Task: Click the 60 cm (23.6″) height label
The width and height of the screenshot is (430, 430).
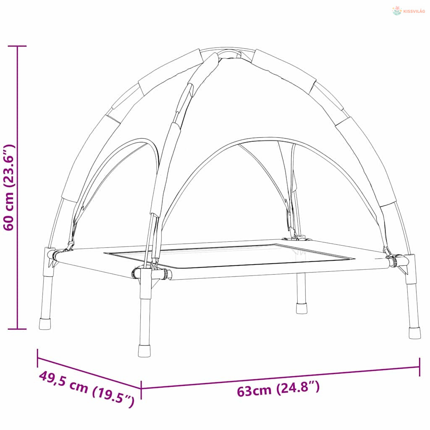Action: pyautogui.click(x=9, y=187)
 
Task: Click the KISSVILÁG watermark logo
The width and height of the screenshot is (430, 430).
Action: pyautogui.click(x=409, y=11)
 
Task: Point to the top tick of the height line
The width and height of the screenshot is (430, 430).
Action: pyautogui.click(x=17, y=46)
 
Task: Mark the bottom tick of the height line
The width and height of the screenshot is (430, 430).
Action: pyautogui.click(x=17, y=328)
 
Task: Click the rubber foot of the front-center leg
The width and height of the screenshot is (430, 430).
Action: pyautogui.click(x=144, y=351)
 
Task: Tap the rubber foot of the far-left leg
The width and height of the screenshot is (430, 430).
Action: pyautogui.click(x=45, y=324)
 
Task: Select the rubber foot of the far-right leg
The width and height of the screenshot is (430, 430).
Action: pyautogui.click(x=414, y=333)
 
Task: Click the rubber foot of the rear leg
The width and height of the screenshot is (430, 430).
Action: pyautogui.click(x=302, y=308)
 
